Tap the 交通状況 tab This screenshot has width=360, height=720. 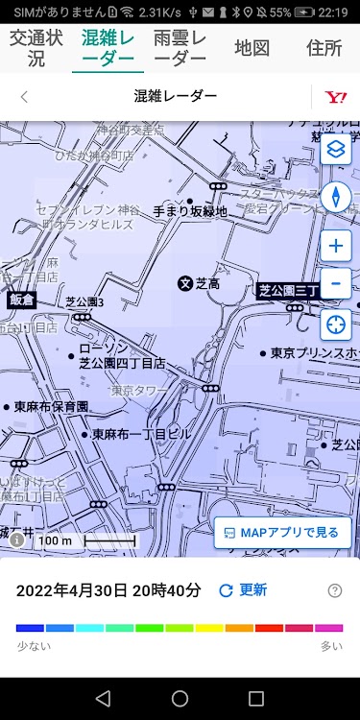[36, 48]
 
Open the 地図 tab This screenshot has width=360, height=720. [252, 48]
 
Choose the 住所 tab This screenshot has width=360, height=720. [324, 48]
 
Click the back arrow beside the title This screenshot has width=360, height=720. [24, 96]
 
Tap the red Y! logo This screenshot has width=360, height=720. [335, 96]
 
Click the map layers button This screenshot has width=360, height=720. [336, 150]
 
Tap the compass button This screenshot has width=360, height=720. [336, 197]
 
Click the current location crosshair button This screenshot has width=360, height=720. [336, 324]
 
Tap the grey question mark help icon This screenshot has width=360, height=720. [335, 590]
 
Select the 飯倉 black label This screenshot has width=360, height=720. [21, 300]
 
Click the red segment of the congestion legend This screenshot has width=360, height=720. [269, 628]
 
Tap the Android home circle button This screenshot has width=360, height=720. [180, 698]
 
